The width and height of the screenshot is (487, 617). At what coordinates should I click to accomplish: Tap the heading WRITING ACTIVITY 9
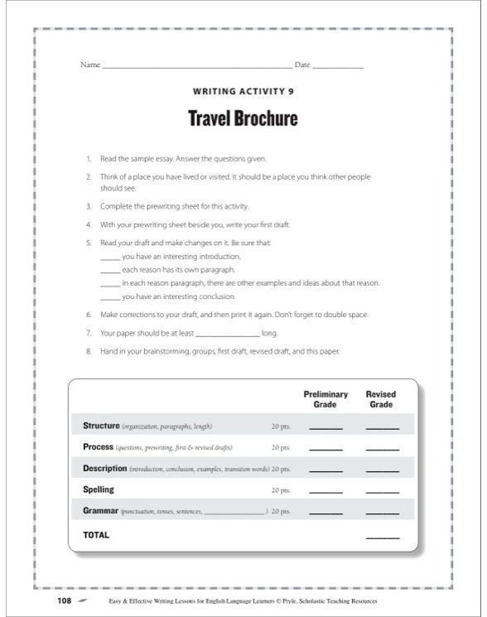(243, 93)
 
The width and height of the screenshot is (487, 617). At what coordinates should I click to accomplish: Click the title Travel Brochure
(243, 118)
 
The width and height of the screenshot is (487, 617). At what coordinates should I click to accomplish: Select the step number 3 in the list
(88, 205)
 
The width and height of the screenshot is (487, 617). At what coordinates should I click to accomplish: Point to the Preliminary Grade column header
(325, 399)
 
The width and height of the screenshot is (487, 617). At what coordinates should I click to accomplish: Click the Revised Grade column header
(381, 399)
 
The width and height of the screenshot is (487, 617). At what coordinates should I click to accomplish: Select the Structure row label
(101, 426)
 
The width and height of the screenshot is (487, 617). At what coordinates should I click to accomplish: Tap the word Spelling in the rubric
(99, 489)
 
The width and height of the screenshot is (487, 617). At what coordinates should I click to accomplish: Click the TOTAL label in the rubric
(96, 535)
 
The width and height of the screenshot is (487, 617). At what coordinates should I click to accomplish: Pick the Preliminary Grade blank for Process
(325, 450)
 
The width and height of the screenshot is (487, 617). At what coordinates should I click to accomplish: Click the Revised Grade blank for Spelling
(382, 493)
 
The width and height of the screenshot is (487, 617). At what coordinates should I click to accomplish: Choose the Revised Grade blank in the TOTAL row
(382, 538)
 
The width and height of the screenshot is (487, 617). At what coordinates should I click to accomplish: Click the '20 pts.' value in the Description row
(281, 469)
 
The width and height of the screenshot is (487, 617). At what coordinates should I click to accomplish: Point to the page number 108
(64, 600)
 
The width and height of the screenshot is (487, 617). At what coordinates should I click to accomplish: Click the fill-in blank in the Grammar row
(234, 513)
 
